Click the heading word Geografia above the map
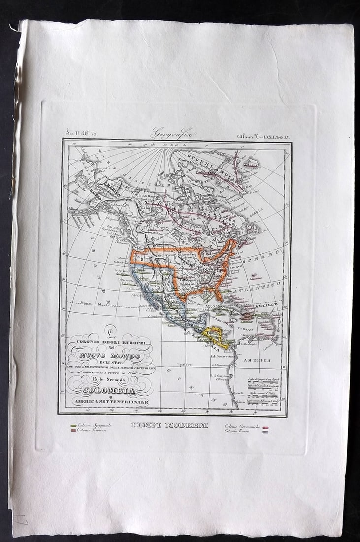172,134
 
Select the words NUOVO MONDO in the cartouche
111,356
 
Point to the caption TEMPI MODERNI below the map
169,425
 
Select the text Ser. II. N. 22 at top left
82,133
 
